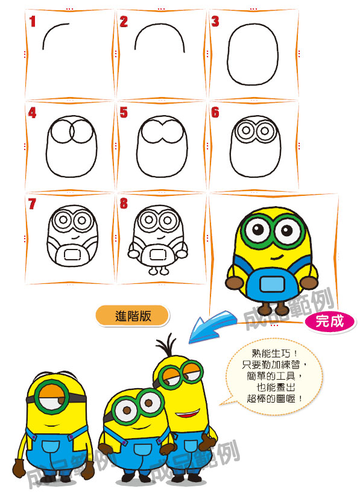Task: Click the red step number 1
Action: (32, 22)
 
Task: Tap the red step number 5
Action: (124, 113)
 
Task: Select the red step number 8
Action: (124, 204)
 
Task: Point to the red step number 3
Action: (215, 21)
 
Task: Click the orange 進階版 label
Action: (133, 316)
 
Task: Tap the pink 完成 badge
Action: (330, 321)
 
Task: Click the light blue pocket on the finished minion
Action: (272, 284)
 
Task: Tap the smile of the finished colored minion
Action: (277, 258)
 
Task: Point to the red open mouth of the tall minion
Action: (188, 414)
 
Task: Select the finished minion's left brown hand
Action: (235, 283)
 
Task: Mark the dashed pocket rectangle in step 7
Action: (72, 254)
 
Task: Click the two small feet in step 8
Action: (159, 271)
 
